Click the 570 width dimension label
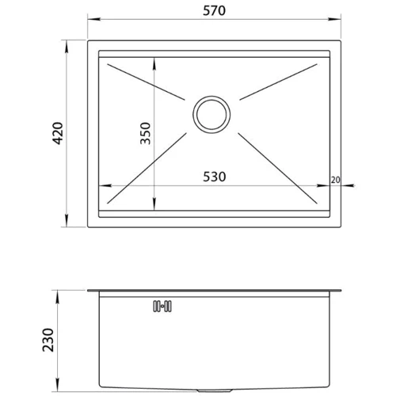pos(214,10)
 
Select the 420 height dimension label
pos(58,133)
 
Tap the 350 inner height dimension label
pos(145,133)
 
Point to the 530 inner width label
pos(215,177)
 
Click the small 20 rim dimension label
pos(335,180)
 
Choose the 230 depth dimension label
pos(48,340)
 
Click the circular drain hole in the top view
pos(211,115)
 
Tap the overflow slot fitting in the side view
pos(162,307)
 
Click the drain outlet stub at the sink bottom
pos(215,390)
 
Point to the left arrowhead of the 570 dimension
pos(94,19)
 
